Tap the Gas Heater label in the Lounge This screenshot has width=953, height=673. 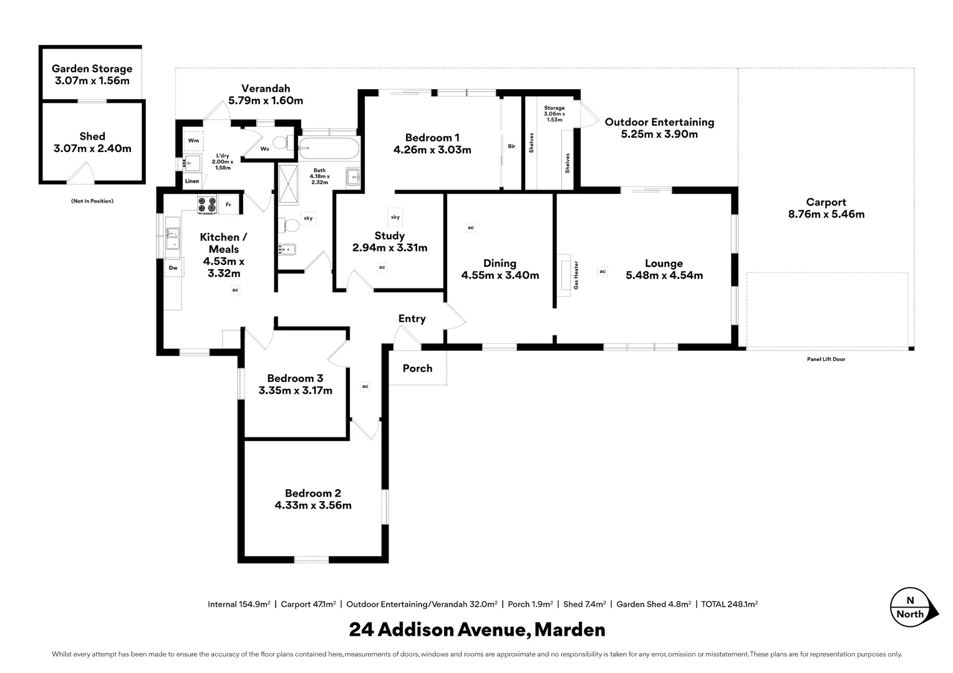coord(576,275)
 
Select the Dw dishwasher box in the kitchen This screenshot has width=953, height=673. coord(173,268)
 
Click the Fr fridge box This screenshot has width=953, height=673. coord(228,204)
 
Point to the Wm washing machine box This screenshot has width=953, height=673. coord(193,141)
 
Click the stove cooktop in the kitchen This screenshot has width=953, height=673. coord(207,204)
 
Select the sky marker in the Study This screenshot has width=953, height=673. coord(395,217)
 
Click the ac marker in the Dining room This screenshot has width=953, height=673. coord(471,227)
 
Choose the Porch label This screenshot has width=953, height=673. coord(417,368)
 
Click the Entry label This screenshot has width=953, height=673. coord(412,318)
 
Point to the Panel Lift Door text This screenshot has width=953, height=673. coord(826,359)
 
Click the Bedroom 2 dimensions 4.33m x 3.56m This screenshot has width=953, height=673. coord(313,505)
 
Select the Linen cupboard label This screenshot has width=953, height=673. coord(192,181)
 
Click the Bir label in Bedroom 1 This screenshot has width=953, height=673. coord(511,146)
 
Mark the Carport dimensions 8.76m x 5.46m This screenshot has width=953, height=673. coord(826,214)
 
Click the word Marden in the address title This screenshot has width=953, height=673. coord(570,629)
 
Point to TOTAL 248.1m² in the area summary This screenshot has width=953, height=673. coord(729,604)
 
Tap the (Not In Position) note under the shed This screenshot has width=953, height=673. coord(92,201)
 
